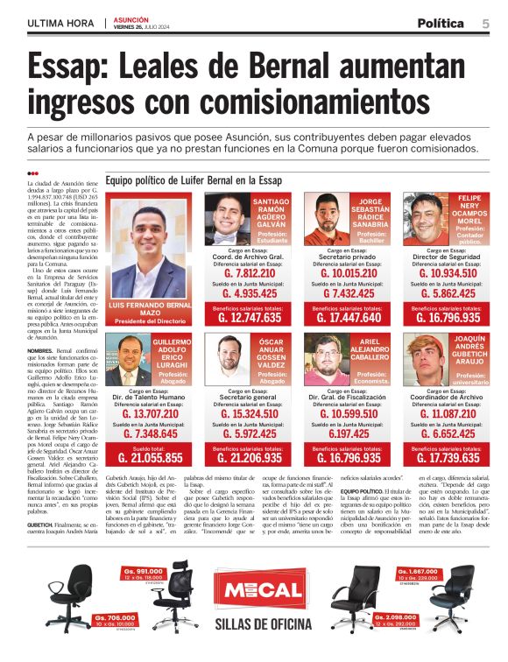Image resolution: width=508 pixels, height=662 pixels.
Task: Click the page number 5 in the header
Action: [485, 24]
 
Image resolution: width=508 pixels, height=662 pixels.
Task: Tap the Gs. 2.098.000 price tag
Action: [394, 620]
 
